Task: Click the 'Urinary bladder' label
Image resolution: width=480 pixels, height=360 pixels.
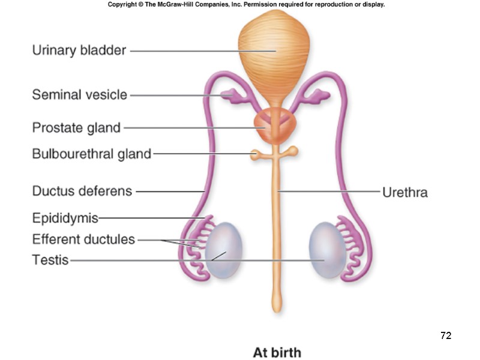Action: (79, 50)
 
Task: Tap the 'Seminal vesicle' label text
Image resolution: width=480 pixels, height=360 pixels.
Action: (79, 94)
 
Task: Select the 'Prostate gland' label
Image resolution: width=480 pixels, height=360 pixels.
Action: (76, 127)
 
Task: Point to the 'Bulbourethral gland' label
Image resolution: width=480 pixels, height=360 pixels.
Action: (91, 154)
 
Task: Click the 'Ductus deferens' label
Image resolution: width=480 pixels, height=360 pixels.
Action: (82, 191)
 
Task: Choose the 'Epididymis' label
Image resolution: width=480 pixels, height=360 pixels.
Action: (65, 217)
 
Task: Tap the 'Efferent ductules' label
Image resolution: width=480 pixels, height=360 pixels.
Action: (83, 239)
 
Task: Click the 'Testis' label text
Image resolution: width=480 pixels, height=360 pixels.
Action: (50, 260)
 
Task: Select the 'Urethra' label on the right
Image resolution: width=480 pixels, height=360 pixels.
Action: (404, 192)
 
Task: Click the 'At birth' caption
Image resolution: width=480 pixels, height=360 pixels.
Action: (277, 352)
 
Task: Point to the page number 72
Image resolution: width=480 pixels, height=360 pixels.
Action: (445, 335)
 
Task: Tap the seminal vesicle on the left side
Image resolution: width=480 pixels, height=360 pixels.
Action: (229, 95)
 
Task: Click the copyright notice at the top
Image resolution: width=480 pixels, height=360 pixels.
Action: (246, 4)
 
